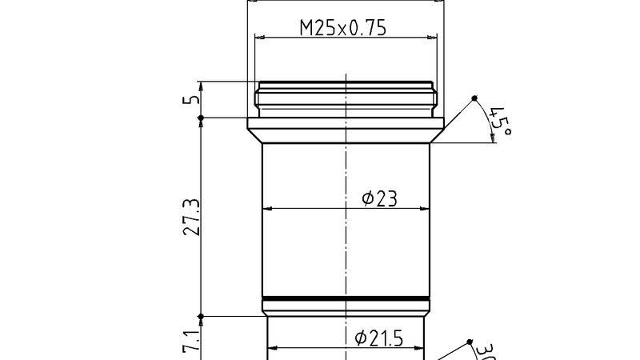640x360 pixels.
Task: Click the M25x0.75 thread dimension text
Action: tap(343, 29)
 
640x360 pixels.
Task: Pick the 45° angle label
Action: tap(500, 121)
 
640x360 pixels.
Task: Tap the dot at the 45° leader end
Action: tap(474, 98)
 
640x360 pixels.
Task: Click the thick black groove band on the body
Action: tap(346, 299)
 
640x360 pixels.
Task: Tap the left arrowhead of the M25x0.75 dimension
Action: tap(260, 38)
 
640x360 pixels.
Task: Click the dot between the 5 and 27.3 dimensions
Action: tap(201, 118)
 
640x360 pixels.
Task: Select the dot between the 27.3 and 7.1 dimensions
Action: tap(201, 317)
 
